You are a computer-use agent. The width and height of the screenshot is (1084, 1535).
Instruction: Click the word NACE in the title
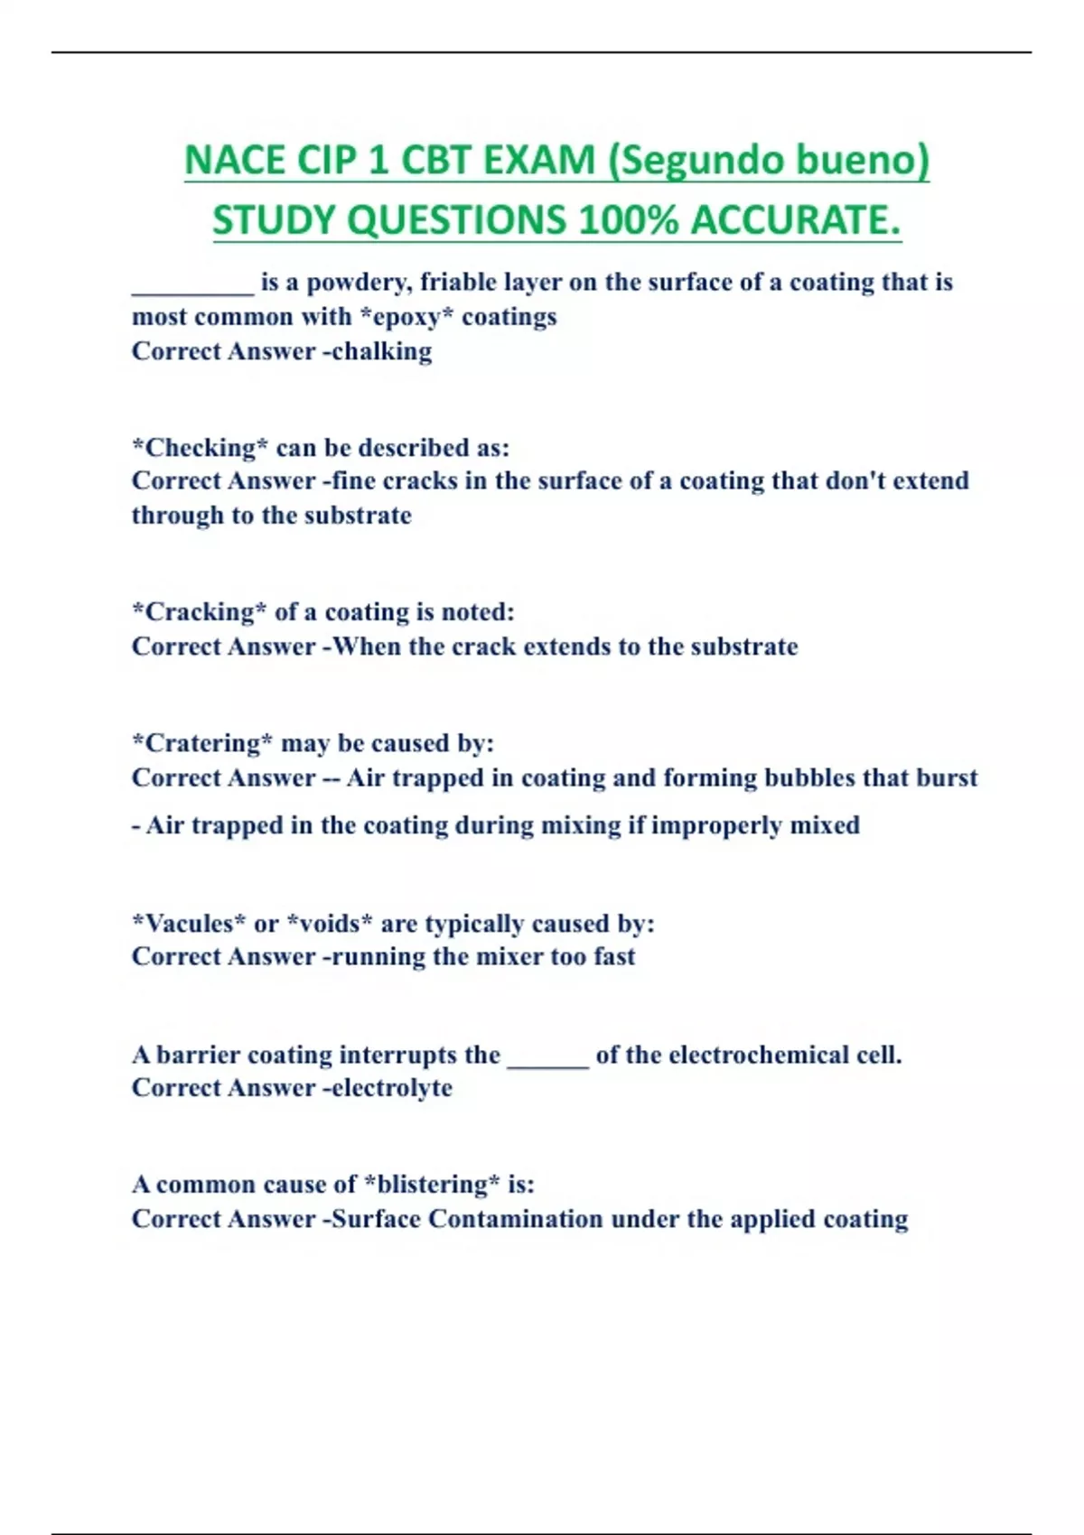point(236,161)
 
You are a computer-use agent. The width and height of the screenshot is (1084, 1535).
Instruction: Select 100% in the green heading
point(628,220)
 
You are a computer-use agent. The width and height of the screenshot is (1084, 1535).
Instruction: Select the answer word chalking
point(381,351)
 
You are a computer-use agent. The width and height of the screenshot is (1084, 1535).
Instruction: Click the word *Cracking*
point(199,612)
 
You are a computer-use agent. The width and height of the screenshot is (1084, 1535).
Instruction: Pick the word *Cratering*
point(202,743)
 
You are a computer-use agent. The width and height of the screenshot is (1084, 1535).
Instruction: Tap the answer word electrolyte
point(392,1088)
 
